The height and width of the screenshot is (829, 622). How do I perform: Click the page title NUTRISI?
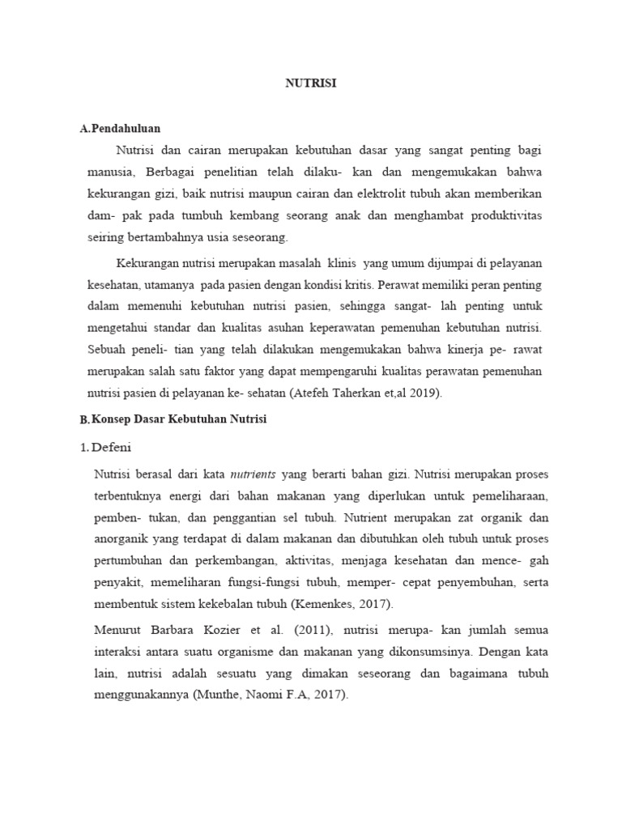pyautogui.click(x=311, y=83)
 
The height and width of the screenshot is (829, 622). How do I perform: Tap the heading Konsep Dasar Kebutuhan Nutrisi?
pyautogui.click(x=178, y=419)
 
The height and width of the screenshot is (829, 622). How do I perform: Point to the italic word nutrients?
pyautogui.click(x=253, y=473)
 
